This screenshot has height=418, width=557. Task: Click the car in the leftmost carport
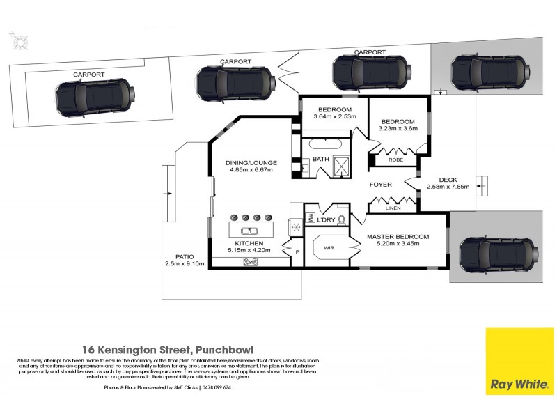pos(93,98)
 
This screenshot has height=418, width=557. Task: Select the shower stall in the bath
pos(343,165)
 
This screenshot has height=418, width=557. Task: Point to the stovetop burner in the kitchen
pos(250,262)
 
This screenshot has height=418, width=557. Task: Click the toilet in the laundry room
pos(341,219)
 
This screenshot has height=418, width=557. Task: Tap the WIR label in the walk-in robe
pos(329,247)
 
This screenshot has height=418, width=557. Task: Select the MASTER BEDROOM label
pos(398,236)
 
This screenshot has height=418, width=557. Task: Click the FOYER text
pos(381,185)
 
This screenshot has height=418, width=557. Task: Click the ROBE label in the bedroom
pos(395,160)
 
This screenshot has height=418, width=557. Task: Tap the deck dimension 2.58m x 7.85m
pos(448,186)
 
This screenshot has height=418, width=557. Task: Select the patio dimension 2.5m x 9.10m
pos(185,264)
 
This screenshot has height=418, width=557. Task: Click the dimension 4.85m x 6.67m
pos(249,170)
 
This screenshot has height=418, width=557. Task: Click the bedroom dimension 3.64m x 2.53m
pos(334,117)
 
